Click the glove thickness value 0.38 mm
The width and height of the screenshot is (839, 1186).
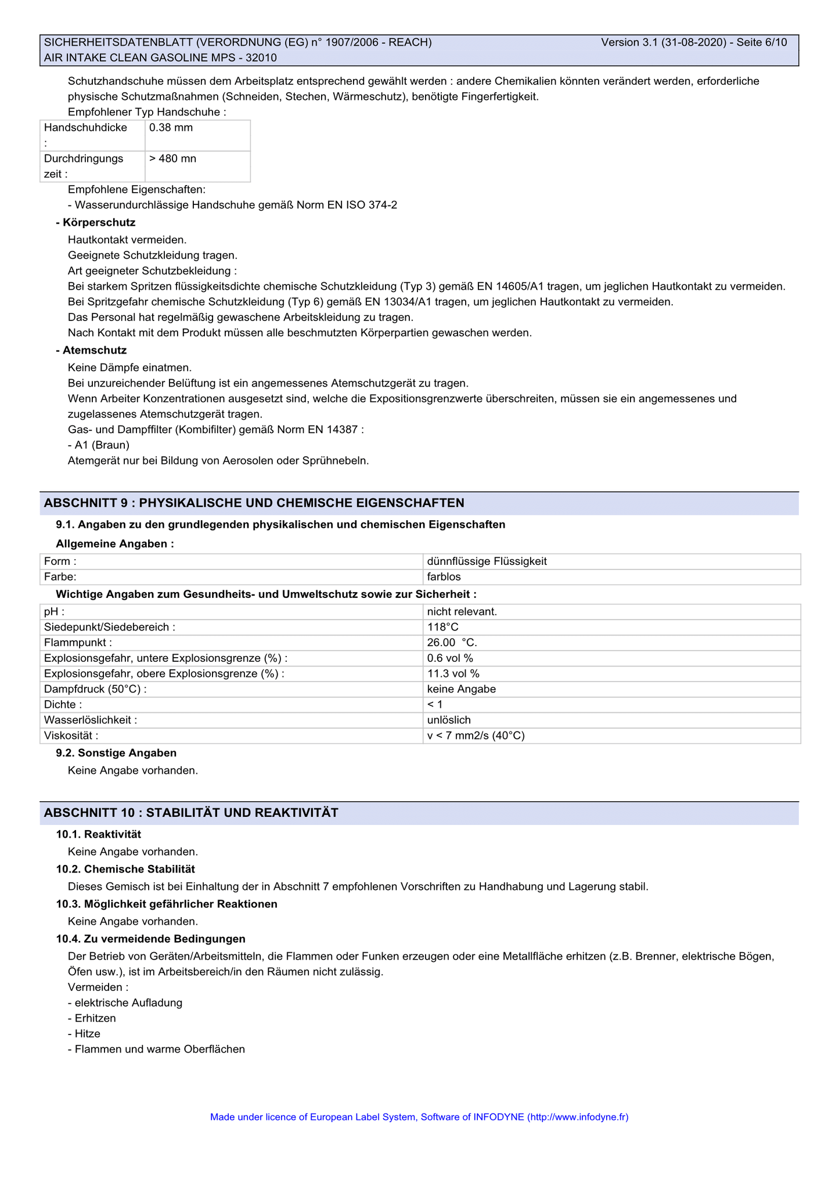pos(171,128)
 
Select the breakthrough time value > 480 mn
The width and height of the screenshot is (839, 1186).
pos(172,158)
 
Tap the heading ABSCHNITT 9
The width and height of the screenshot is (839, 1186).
pos(254,503)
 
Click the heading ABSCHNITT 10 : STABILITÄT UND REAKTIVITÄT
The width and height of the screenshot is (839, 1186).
pos(191,813)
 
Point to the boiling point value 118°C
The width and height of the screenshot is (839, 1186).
pos(442,627)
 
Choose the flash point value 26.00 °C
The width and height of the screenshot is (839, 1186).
pos(452,643)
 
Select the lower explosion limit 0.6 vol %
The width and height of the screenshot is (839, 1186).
pos(450,658)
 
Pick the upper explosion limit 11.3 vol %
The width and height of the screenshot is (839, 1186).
pos(453,673)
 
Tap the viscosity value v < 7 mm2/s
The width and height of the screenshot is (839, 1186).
pos(476,736)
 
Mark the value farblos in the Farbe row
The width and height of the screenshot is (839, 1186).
pos(444,577)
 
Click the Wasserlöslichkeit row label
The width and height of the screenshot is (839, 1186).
pos(91,720)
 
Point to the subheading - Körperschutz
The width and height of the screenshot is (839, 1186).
pos(96,222)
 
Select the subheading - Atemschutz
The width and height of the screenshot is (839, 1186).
pos(91,350)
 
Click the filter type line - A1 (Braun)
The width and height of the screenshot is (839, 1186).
pos(99,445)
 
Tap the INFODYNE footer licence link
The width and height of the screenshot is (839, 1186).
pos(419,1116)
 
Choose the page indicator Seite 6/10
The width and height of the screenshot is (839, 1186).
pos(761,42)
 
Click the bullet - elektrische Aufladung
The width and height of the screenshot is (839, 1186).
pos(125,1003)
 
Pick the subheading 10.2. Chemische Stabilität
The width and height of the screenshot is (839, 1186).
pos(125,869)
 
